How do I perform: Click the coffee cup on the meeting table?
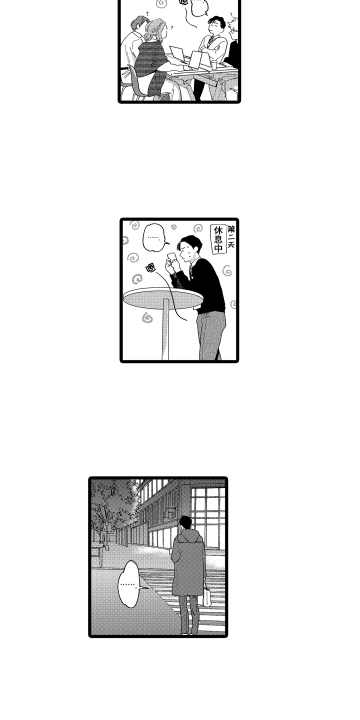click(214, 64)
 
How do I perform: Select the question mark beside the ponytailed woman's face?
click(172, 28)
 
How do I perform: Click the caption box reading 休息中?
click(218, 240)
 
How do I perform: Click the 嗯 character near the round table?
click(150, 268)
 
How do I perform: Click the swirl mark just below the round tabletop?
click(147, 317)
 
